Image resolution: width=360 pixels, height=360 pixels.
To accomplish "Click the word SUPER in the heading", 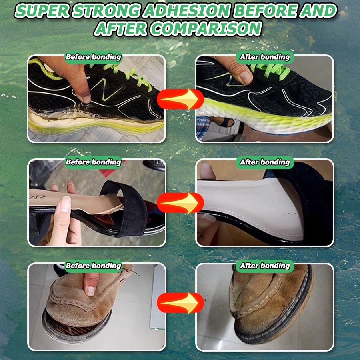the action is click(42, 11).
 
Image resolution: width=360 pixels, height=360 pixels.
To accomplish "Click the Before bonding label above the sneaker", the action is click(93, 57).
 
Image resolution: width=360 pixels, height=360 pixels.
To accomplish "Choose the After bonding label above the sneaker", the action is click(265, 57).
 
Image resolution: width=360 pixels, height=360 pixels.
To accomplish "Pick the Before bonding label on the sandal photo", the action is click(93, 162).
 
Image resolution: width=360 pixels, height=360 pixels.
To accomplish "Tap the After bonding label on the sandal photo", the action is click(265, 162).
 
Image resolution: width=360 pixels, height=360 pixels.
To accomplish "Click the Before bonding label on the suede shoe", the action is click(93, 266).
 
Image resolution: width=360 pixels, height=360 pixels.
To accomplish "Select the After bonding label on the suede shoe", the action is click(265, 266).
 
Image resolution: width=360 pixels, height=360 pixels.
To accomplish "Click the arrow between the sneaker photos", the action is click(180, 99).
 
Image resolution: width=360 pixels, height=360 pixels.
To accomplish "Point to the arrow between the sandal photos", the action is click(180, 203).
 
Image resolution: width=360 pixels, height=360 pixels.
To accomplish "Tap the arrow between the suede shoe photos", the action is click(180, 303).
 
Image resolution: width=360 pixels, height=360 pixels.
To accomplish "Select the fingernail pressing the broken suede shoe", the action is click(91, 291).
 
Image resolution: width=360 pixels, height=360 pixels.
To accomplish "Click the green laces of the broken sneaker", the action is click(128, 74).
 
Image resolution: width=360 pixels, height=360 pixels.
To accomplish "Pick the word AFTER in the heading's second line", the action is click(121, 29).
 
